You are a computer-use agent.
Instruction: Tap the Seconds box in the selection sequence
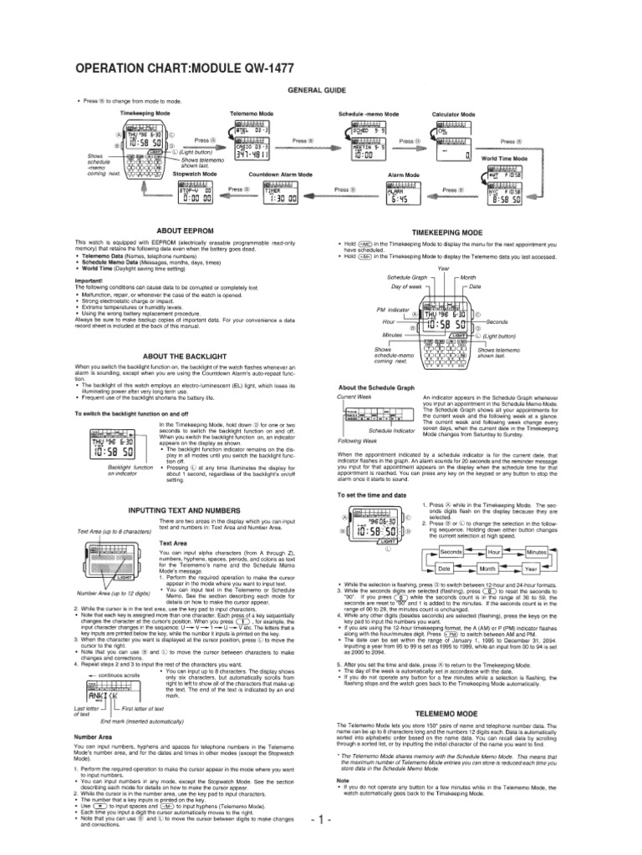452,553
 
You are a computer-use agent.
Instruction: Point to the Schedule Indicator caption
396,431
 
